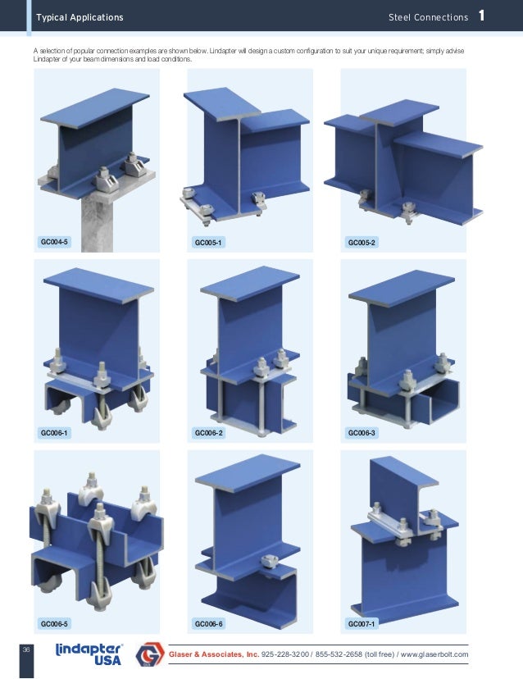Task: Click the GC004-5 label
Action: coord(54,242)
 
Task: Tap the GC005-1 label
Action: coord(208,243)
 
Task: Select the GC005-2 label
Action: coord(362,243)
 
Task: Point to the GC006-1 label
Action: coord(54,433)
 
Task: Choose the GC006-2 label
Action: coord(208,433)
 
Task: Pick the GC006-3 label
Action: coord(362,433)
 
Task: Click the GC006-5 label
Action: coord(54,623)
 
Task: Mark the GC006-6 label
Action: coord(208,623)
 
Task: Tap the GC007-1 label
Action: coord(362,623)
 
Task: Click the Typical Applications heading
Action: coord(80,17)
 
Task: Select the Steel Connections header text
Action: coord(428,17)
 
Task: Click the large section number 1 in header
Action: coord(481,16)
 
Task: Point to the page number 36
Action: coord(26,649)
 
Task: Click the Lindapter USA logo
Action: coord(89,654)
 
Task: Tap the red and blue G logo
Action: coord(150,654)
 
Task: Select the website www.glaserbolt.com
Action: coord(434,654)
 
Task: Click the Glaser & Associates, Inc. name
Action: coord(214,654)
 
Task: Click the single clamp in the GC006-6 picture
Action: coord(272,563)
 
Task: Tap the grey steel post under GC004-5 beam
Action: coord(97,225)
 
